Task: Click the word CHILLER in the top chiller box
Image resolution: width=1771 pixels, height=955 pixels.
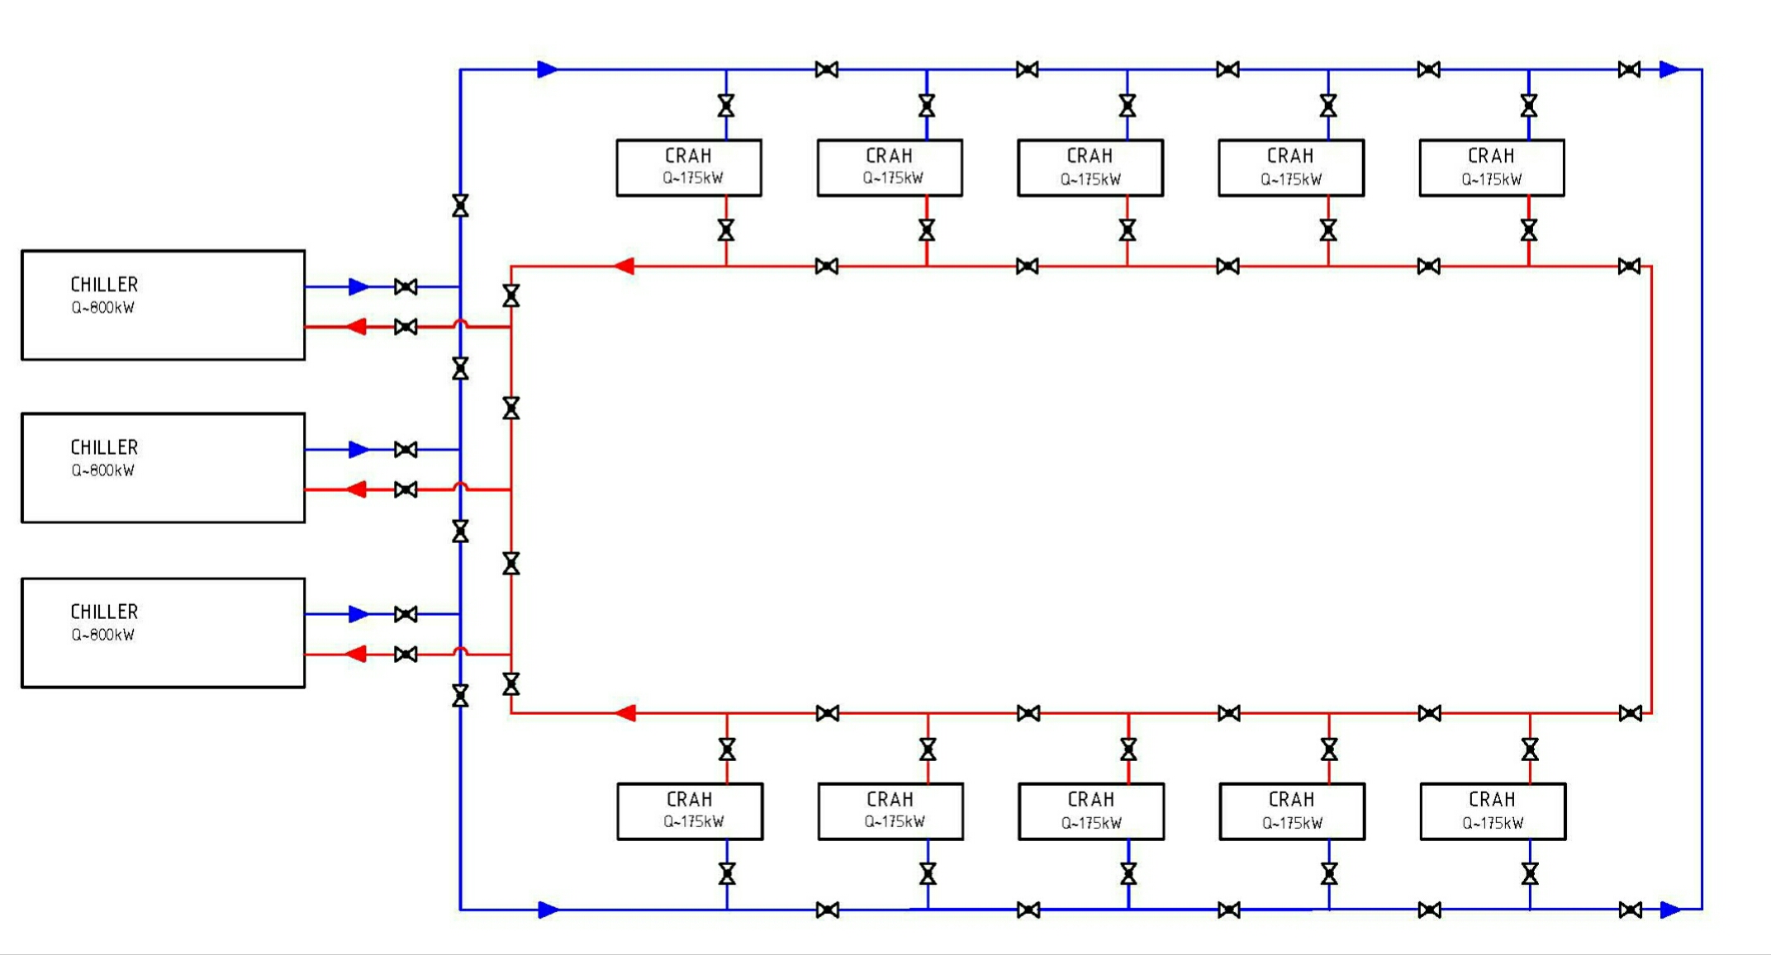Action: [104, 285]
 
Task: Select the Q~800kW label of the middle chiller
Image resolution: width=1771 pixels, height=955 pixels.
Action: [102, 470]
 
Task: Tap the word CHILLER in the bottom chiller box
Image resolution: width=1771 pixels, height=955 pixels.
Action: [104, 612]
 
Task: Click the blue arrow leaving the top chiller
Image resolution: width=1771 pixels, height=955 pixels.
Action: [358, 286]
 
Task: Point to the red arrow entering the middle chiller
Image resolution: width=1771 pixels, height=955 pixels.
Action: [356, 489]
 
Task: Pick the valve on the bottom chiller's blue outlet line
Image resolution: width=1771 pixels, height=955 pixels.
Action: [406, 614]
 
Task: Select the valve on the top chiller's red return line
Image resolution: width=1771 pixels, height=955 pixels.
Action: [406, 327]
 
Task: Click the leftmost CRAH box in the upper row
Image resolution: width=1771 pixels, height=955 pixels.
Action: [689, 168]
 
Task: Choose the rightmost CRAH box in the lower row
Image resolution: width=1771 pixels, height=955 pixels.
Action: [1493, 811]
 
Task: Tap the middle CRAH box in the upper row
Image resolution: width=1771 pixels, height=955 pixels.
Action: [1090, 168]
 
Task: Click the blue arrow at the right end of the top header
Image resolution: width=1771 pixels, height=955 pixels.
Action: [1669, 69]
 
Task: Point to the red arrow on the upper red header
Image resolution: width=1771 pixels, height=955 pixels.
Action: [624, 266]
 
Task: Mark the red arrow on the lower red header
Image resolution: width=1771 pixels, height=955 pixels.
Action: [626, 713]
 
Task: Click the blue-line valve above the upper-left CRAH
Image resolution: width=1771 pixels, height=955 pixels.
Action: [726, 106]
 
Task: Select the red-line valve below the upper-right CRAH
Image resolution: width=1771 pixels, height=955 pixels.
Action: [1529, 230]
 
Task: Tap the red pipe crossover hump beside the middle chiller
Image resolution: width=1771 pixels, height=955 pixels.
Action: [461, 487]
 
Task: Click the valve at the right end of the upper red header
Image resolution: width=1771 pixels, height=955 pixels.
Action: [1629, 266]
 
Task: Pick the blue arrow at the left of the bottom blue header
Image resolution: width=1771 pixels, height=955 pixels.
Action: [548, 910]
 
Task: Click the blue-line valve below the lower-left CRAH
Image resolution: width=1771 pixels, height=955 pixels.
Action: [727, 873]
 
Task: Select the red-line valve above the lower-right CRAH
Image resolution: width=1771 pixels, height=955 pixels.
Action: [1530, 749]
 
